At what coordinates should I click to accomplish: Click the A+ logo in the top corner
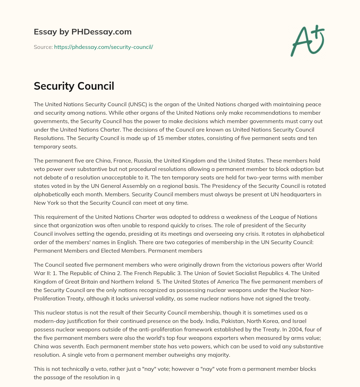[x=307, y=40]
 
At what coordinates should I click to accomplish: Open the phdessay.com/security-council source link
[x=103, y=47]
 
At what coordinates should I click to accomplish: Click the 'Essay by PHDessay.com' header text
[x=83, y=32]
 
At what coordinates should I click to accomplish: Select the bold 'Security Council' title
[x=74, y=86]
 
